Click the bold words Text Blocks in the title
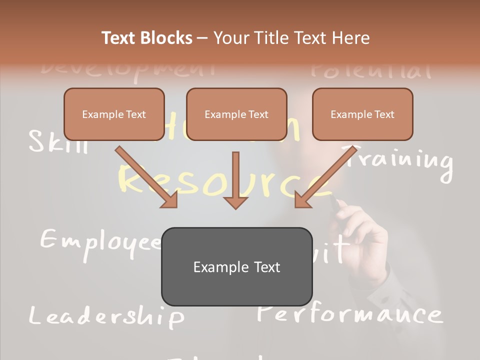[x=146, y=38]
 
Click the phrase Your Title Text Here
[x=291, y=38]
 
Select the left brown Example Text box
[x=114, y=114]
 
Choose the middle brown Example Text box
[x=236, y=114]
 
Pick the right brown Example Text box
[x=362, y=114]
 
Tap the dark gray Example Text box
[x=236, y=267]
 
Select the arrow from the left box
[x=147, y=177]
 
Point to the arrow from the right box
[x=325, y=177]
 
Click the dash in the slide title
[x=202, y=38]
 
